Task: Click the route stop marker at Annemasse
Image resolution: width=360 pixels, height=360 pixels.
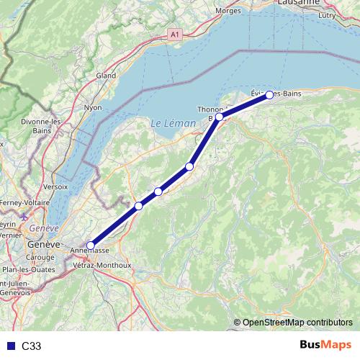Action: (x=90, y=246)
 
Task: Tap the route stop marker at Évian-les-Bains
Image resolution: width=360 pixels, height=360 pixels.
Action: (x=269, y=95)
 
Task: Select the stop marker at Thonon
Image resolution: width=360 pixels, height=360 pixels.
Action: (x=219, y=116)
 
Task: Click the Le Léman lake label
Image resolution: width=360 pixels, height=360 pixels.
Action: (x=173, y=124)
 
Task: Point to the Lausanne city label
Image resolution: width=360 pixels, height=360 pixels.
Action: (x=297, y=3)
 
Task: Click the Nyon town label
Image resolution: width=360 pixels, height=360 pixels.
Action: (x=93, y=107)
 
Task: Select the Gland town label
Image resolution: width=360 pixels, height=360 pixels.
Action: (x=106, y=75)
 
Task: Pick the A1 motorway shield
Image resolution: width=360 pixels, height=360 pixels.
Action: (x=174, y=34)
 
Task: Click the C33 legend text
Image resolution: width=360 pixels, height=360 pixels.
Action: (x=31, y=346)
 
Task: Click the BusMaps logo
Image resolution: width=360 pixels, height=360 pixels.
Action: (x=325, y=345)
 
